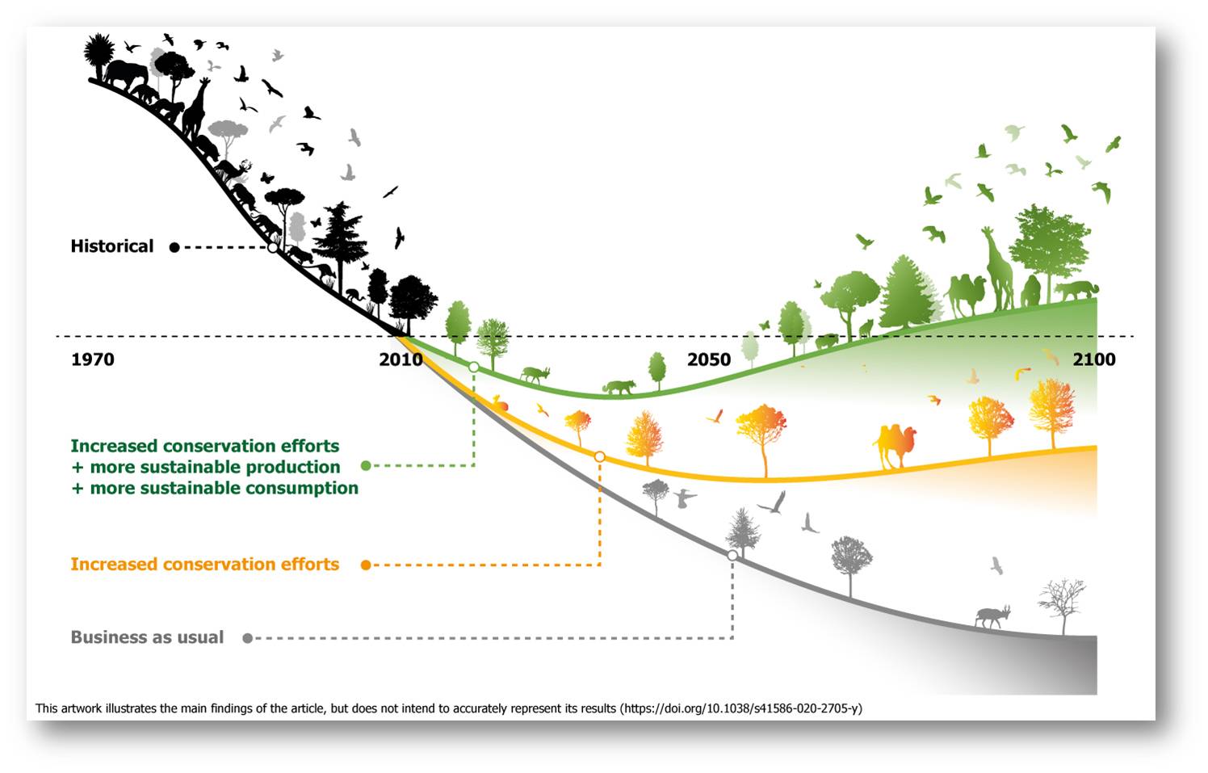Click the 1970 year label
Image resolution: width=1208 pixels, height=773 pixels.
(93, 359)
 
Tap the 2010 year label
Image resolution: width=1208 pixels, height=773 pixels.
(401, 359)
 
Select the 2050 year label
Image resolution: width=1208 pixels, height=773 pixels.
(709, 359)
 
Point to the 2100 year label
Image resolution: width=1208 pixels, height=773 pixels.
(1093, 359)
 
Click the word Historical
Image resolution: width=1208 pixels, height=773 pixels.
(112, 246)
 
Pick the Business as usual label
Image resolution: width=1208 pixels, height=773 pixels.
(147, 637)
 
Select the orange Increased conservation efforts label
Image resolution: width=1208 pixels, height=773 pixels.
(205, 565)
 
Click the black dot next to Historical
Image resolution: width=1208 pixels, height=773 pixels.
(174, 248)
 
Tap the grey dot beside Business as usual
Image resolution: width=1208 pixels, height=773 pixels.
(248, 638)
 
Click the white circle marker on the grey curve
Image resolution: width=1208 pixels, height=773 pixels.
(732, 555)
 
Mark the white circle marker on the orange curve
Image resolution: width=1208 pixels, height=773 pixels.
(599, 457)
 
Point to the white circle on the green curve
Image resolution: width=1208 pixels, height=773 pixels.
(473, 367)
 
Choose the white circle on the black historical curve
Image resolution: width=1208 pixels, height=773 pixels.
(273, 248)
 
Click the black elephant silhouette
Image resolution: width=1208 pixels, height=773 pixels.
(127, 74)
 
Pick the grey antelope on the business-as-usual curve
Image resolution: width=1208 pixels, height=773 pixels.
(992, 616)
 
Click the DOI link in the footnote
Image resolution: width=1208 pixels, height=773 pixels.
(742, 708)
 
